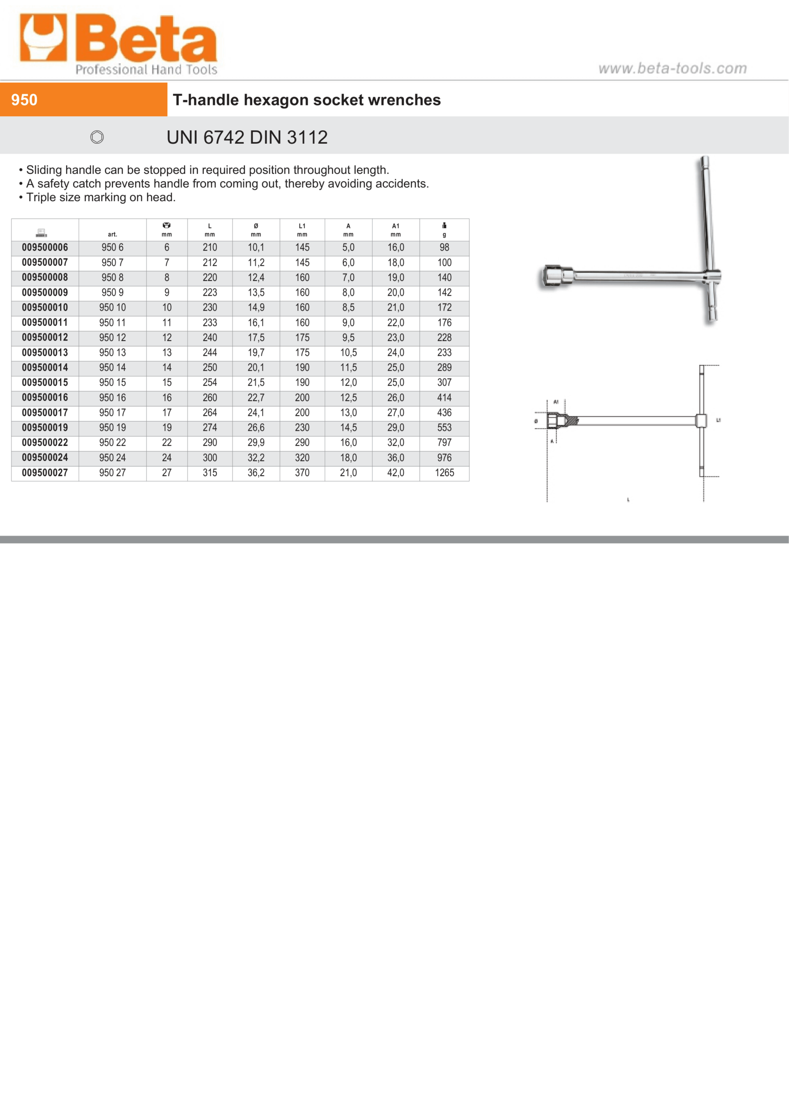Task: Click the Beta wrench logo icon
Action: (43, 38)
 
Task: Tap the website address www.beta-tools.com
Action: (672, 68)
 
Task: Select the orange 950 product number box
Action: (83, 100)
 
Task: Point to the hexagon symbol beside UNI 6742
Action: (97, 138)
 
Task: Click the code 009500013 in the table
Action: (45, 352)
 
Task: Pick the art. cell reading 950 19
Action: (112, 428)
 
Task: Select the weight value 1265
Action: (444, 473)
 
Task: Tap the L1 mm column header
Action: (302, 230)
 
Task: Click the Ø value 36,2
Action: (256, 473)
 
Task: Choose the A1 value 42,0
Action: (396, 473)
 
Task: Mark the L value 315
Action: (210, 473)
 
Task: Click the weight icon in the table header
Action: (444, 225)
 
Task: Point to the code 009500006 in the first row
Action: (45, 248)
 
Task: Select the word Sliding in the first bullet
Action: (44, 170)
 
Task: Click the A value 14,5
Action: (349, 428)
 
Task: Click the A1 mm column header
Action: (396, 230)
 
